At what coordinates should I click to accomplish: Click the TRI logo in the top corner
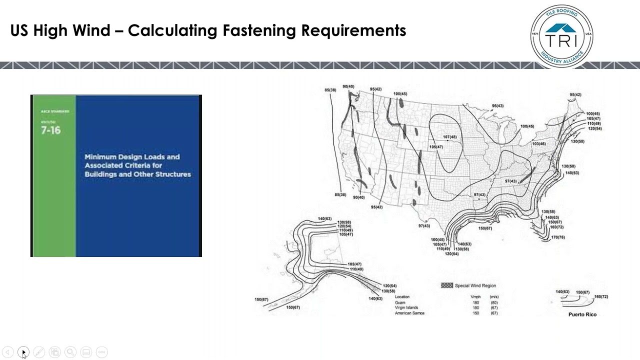point(561,36)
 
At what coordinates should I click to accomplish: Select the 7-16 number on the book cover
point(50,130)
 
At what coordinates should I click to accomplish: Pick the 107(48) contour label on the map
point(449,137)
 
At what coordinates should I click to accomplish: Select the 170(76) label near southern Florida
point(557,237)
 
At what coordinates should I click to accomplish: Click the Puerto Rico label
point(582,314)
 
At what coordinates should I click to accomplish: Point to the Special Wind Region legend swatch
point(446,285)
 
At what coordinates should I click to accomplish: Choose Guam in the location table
point(399,302)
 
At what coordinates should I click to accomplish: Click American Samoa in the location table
point(409,313)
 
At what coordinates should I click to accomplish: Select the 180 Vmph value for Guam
point(475,302)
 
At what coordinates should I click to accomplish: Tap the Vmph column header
point(475,297)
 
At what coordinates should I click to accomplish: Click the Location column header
point(402,297)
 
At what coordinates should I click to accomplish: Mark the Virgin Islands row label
point(406,308)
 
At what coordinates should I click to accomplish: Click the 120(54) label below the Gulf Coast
point(451,254)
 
